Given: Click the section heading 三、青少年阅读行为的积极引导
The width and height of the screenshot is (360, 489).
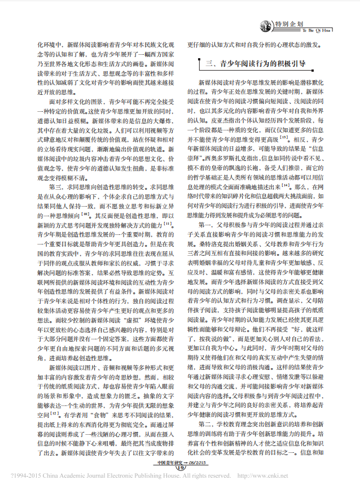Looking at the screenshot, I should [x=257, y=64].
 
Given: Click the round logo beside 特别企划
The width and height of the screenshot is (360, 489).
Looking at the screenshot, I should [x=266, y=25].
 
